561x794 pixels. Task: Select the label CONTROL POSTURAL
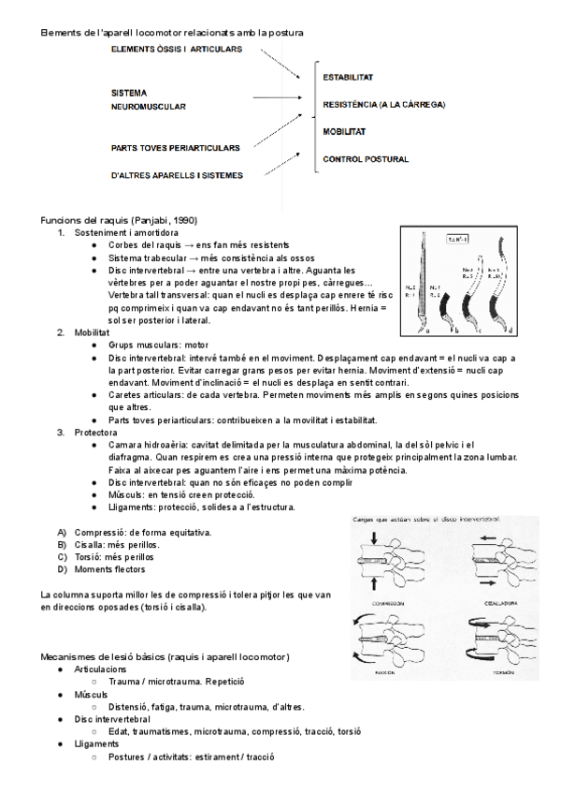365,159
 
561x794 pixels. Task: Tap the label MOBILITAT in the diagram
343,131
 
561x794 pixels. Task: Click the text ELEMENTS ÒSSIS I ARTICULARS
173,49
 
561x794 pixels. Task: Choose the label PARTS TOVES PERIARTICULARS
175,147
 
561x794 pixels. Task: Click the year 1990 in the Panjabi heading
182,218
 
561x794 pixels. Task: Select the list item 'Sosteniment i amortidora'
127,231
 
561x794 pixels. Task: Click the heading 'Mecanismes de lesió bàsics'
165,655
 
